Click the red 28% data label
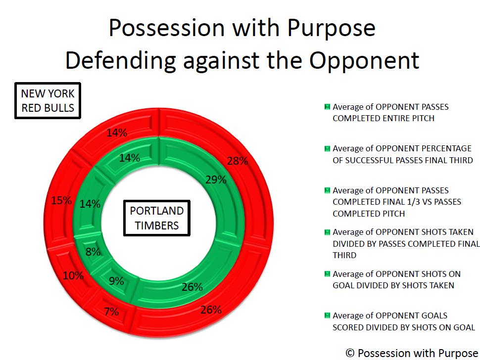pos(238,161)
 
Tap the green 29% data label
pos(216,180)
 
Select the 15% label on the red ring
pos(61,201)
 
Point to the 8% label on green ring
pos(93,252)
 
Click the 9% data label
pos(116,281)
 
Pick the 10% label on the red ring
pos(73,276)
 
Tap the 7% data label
pos(111,312)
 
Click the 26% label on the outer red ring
pos(211,310)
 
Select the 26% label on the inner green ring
pos(192,287)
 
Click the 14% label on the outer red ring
pos(117,133)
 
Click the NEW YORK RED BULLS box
pos(48,100)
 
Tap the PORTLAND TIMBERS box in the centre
pos(157,218)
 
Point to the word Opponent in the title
pos(364,60)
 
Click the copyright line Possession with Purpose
pos(412,353)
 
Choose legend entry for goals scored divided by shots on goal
pos(399,321)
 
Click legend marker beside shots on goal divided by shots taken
pos(327,274)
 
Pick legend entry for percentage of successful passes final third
pos(398,154)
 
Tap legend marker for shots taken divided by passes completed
pos(327,232)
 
